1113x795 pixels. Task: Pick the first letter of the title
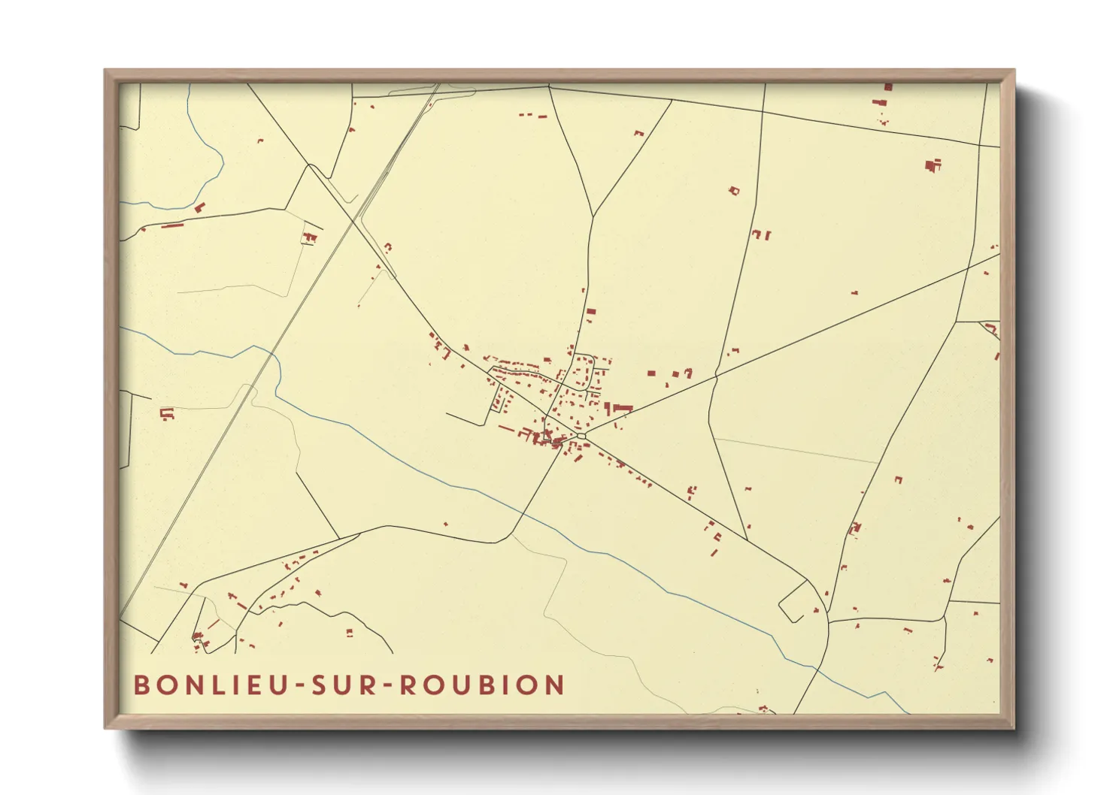(141, 685)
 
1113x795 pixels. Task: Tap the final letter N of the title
(555, 685)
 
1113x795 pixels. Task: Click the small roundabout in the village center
(581, 436)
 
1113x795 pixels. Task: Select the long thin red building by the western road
(172, 225)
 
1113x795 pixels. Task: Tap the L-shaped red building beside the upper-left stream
(199, 207)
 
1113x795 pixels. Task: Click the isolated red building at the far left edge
(166, 413)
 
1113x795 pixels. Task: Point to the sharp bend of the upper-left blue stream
(223, 159)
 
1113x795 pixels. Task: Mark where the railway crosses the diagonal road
(355, 219)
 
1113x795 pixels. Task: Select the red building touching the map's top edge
(888, 87)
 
